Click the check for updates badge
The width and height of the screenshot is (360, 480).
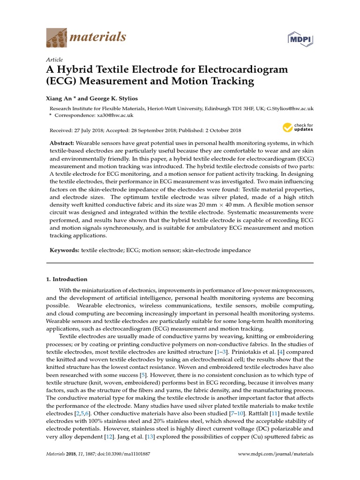297,127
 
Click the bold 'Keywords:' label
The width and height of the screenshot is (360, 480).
65,251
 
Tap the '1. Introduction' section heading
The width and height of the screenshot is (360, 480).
67,279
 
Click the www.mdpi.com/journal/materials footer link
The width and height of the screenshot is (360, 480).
276,454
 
